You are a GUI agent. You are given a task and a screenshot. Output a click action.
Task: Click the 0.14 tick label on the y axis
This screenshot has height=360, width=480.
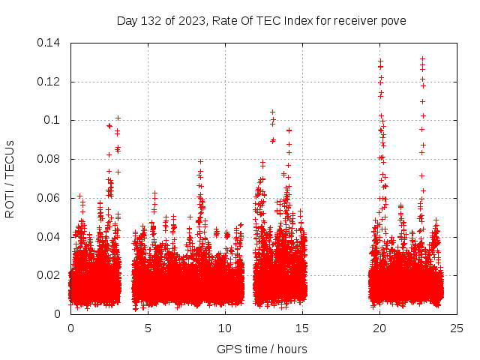(x=49, y=43)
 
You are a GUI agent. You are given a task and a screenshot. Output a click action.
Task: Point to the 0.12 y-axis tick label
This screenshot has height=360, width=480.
(x=49, y=82)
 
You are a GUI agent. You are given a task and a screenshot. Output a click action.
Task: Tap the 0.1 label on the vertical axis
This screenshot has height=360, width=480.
(x=53, y=121)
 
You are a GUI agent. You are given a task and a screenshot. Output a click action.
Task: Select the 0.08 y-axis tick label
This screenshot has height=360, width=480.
(x=49, y=160)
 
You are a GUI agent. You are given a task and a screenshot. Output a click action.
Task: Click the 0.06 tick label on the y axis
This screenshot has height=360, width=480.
(x=49, y=199)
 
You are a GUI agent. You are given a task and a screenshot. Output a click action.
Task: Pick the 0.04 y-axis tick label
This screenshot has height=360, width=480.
(x=49, y=237)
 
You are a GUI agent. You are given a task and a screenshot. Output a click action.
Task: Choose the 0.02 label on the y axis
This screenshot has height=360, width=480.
(x=49, y=276)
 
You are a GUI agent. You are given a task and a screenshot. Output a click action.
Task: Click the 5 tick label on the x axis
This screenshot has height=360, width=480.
(x=148, y=328)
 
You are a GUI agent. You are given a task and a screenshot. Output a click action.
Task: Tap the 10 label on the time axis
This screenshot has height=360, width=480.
(x=225, y=328)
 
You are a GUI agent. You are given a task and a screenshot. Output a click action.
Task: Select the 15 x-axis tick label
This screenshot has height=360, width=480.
(x=302, y=328)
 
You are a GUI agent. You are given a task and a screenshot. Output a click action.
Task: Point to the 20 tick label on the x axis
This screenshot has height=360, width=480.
(x=379, y=328)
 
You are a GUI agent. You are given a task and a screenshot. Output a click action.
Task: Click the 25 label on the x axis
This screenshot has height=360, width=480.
(x=457, y=328)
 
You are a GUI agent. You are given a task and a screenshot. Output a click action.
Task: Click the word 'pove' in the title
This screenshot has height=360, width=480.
(x=394, y=21)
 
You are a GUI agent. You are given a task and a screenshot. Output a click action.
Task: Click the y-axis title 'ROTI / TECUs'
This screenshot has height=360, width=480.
(x=10, y=178)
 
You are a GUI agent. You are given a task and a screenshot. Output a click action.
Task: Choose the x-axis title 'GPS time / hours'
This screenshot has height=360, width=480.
(x=262, y=349)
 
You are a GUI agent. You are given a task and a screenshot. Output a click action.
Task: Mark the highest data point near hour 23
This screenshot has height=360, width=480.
(x=422, y=58)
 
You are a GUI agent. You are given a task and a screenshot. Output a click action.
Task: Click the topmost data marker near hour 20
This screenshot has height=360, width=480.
(x=380, y=61)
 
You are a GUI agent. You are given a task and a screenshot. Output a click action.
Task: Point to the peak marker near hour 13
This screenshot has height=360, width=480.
(x=272, y=112)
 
